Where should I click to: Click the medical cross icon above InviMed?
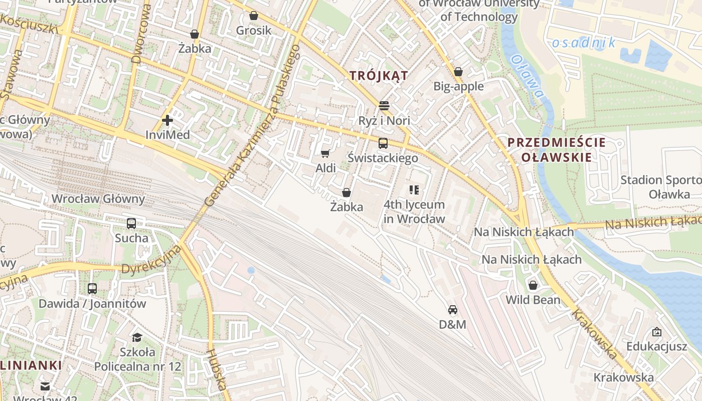pos(167,120)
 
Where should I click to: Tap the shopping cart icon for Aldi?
pos(325,153)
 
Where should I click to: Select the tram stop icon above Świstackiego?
pos(383,143)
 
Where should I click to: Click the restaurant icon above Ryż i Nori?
pos(384,105)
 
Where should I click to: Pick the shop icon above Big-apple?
pos(458,72)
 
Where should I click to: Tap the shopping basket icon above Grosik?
pos(254,16)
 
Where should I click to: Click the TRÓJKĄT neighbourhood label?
pos(379,76)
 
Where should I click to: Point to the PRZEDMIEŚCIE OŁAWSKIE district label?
pos(557,149)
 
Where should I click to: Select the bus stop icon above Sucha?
pos(131,224)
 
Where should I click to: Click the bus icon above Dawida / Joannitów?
pos(92,289)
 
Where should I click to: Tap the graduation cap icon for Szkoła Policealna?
pos(137,337)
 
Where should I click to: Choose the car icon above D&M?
pos(453,310)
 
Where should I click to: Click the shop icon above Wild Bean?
pos(533,285)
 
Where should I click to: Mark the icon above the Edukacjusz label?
pos(656,332)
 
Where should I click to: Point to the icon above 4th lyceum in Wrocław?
pos(414,189)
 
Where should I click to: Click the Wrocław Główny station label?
pos(98,199)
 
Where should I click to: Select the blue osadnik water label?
pos(584,43)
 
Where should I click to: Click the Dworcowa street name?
pos(141,34)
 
